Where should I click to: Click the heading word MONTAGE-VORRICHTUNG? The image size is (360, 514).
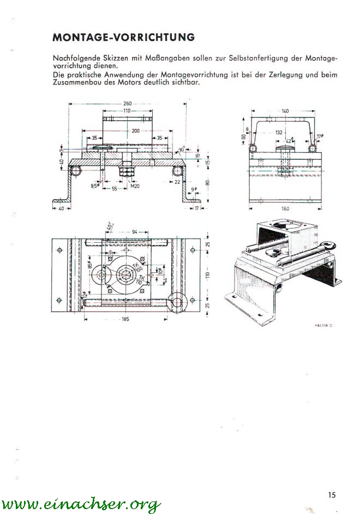(124, 38)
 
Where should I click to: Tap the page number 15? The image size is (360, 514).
(332, 495)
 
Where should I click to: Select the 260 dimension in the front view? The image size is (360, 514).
(127, 103)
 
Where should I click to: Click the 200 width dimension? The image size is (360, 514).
(135, 131)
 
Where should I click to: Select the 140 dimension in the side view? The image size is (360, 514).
(285, 111)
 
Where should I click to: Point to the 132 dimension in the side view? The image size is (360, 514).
(279, 132)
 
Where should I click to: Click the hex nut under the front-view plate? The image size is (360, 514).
(128, 171)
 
